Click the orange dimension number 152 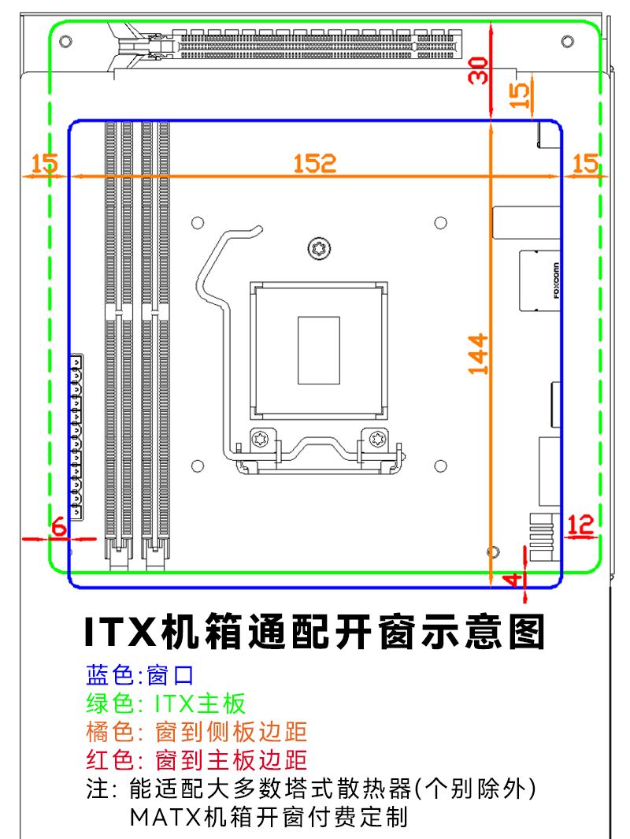click(x=315, y=163)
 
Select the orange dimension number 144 click(x=478, y=355)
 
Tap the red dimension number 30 click(x=478, y=70)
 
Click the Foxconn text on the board click(x=556, y=281)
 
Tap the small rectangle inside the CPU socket click(x=319, y=350)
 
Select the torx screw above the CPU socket click(x=320, y=249)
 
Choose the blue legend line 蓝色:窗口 click(x=139, y=675)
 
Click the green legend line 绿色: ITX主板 click(x=166, y=703)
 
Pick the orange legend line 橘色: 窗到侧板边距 click(x=196, y=732)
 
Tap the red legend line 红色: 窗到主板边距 click(x=196, y=760)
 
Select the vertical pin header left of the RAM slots click(x=77, y=437)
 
